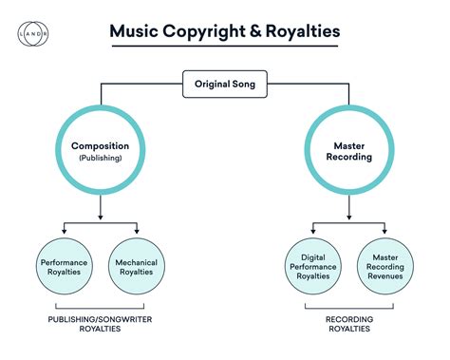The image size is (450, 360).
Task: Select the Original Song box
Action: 224,85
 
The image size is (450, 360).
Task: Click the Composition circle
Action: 100,151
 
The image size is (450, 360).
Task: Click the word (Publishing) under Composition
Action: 100,159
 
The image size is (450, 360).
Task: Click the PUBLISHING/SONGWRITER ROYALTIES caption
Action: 100,325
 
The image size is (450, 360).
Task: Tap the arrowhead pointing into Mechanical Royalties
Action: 136,229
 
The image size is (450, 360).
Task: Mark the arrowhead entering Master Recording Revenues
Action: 384,229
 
